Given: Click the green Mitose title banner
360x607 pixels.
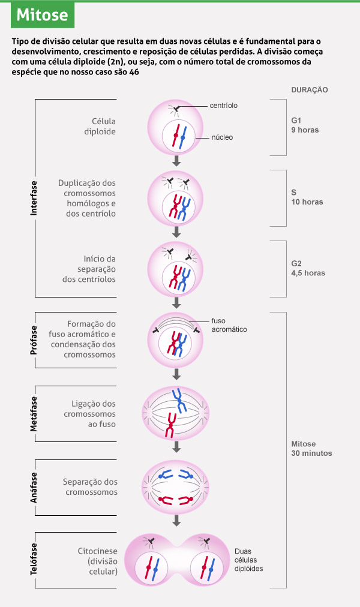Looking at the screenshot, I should coord(42,15).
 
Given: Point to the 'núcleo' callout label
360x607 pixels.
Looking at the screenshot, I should coord(221,137).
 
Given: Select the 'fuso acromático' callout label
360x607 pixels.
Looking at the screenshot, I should coord(229,324).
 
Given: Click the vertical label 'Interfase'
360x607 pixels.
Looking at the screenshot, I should coord(34,198).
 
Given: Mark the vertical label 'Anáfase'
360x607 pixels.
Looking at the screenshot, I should coord(34,487).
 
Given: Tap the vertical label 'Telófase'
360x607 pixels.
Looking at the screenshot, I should coord(34,559).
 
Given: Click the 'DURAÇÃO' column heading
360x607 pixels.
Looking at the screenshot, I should coord(309,89).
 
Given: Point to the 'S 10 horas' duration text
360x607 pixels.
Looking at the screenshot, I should coord(307,197).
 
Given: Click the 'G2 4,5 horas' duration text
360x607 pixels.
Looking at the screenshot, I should coord(308,268).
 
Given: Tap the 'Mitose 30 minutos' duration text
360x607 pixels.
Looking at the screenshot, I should coord(311,449).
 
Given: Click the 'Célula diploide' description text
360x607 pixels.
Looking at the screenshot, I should coord(100,126).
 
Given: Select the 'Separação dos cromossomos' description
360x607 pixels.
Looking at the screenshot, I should coord(90,486).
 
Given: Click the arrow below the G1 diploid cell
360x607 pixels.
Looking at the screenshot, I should coord(176,161).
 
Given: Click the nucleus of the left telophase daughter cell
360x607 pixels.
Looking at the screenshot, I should coord(150,567).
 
